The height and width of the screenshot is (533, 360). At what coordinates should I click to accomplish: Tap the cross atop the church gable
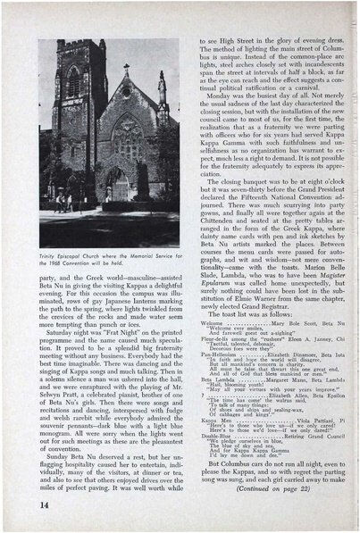point(126,69)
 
